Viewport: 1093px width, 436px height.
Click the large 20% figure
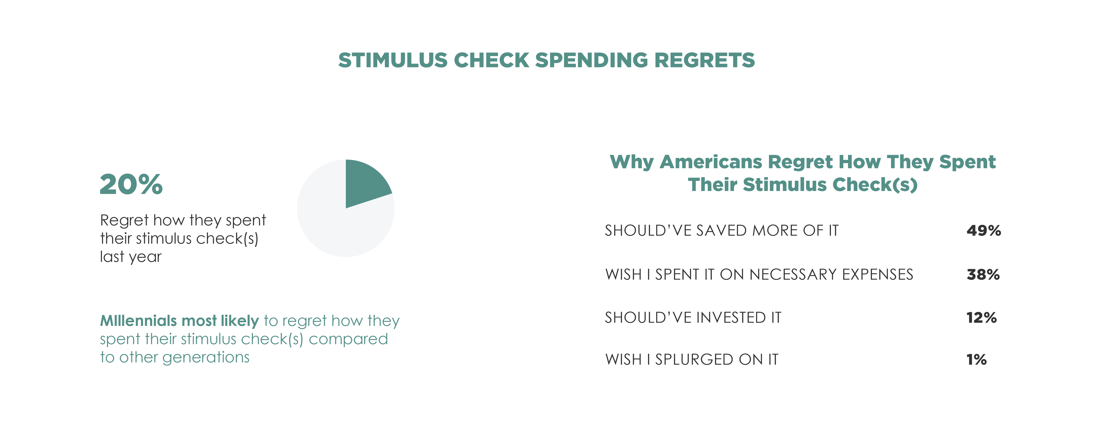tap(131, 184)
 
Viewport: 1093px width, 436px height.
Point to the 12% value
tap(981, 318)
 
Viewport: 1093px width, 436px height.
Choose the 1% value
tap(976, 360)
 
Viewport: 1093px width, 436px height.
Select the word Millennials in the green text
tap(138, 321)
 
